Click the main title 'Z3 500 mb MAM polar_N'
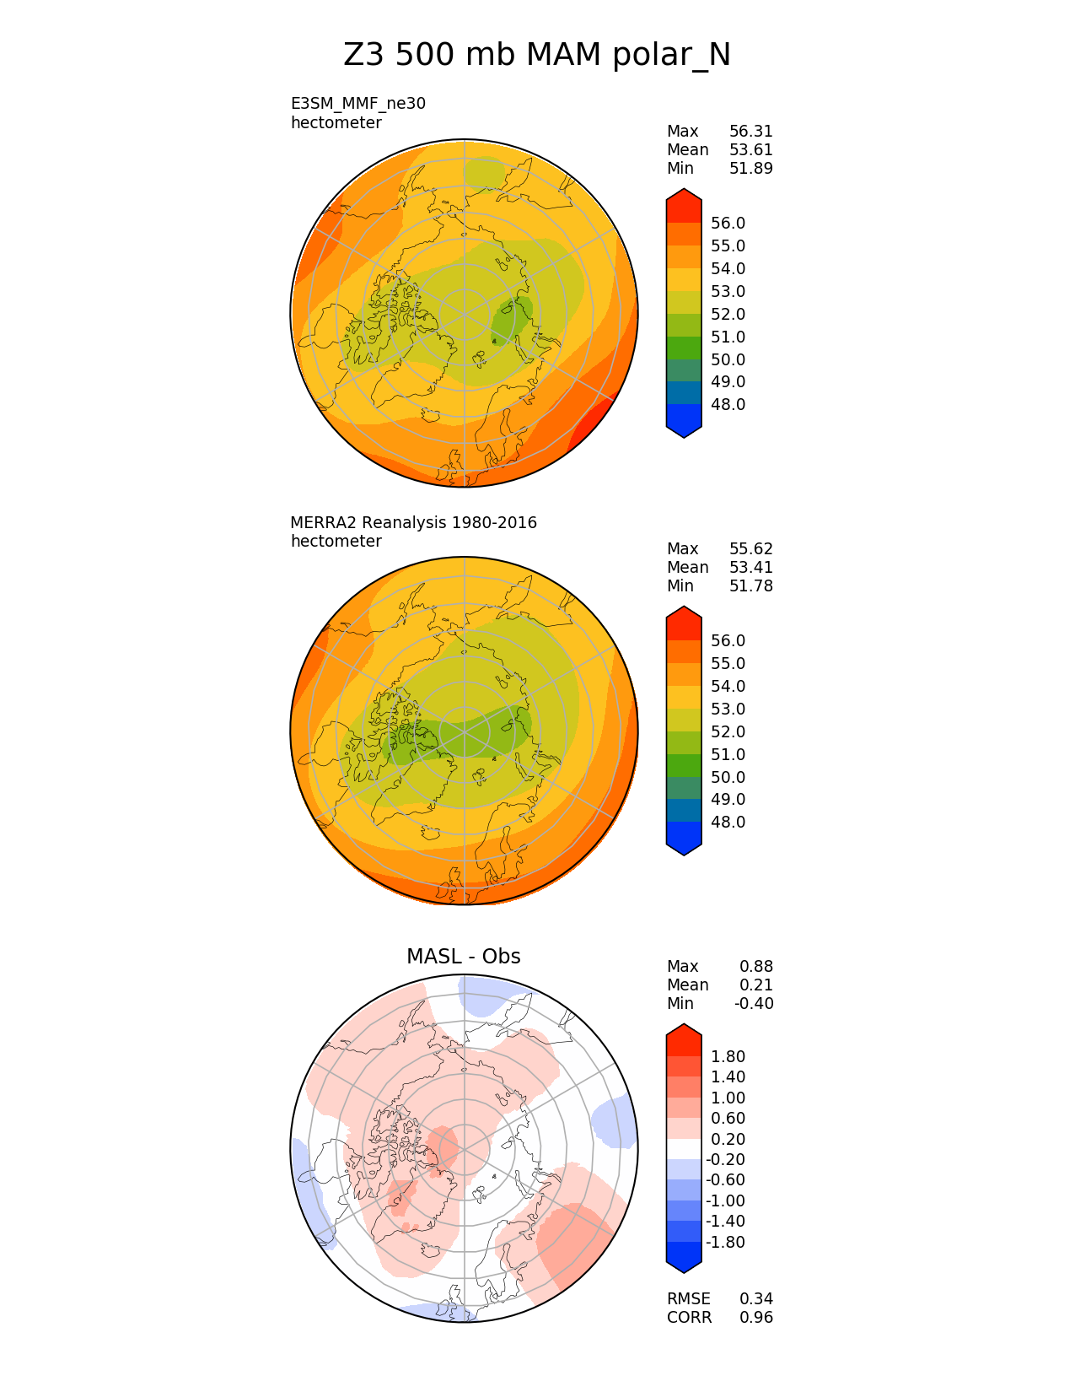point(537,55)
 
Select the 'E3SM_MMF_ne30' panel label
point(357,104)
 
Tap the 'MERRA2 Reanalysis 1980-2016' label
point(413,522)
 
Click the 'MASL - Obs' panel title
point(463,957)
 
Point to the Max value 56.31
point(750,132)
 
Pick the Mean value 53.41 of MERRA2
point(750,568)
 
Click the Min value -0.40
point(753,1004)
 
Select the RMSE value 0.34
point(755,1299)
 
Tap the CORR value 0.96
point(755,1318)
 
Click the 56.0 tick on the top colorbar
point(728,224)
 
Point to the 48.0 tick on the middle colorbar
point(728,823)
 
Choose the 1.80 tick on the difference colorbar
point(728,1057)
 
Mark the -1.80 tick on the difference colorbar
point(725,1243)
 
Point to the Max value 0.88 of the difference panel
point(755,967)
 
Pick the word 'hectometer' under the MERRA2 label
point(336,542)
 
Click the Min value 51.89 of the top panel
point(750,169)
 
